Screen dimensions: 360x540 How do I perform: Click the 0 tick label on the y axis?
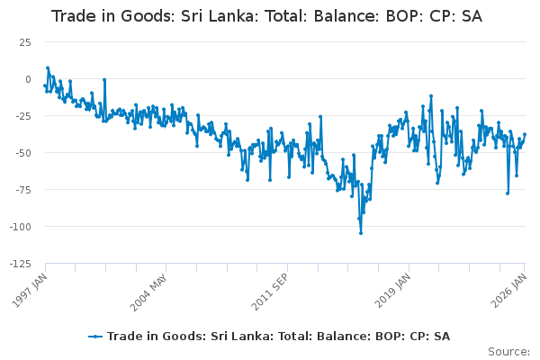coord(32,79)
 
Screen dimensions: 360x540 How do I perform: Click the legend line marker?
coord(96,337)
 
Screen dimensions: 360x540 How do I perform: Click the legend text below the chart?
coord(278,337)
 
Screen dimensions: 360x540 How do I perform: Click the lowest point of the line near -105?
coord(361,233)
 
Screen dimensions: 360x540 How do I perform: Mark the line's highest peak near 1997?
coord(48,67)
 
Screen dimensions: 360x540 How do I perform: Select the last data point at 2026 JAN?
coord(525,135)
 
